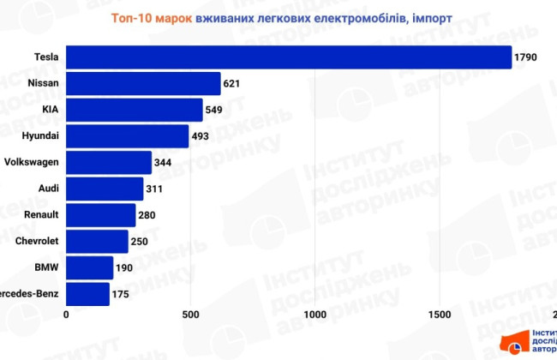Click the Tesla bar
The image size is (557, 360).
[x=289, y=57]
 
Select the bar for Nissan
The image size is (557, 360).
[x=143, y=83]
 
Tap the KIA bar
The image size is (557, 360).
[x=135, y=110]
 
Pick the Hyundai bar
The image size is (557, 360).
[x=128, y=136]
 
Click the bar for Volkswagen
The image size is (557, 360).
[x=109, y=162]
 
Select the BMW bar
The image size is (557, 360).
[x=90, y=268]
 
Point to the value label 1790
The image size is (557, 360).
[x=525, y=58]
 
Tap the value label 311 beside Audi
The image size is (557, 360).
[x=156, y=189]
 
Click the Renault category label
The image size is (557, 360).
[x=40, y=215]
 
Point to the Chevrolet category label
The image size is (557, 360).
[x=37, y=242]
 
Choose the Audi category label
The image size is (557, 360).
[x=47, y=189]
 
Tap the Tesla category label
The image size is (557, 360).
[x=46, y=57]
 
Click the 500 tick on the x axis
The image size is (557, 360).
[x=190, y=315]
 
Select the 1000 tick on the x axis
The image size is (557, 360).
[x=315, y=315]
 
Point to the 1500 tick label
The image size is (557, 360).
[x=440, y=315]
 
